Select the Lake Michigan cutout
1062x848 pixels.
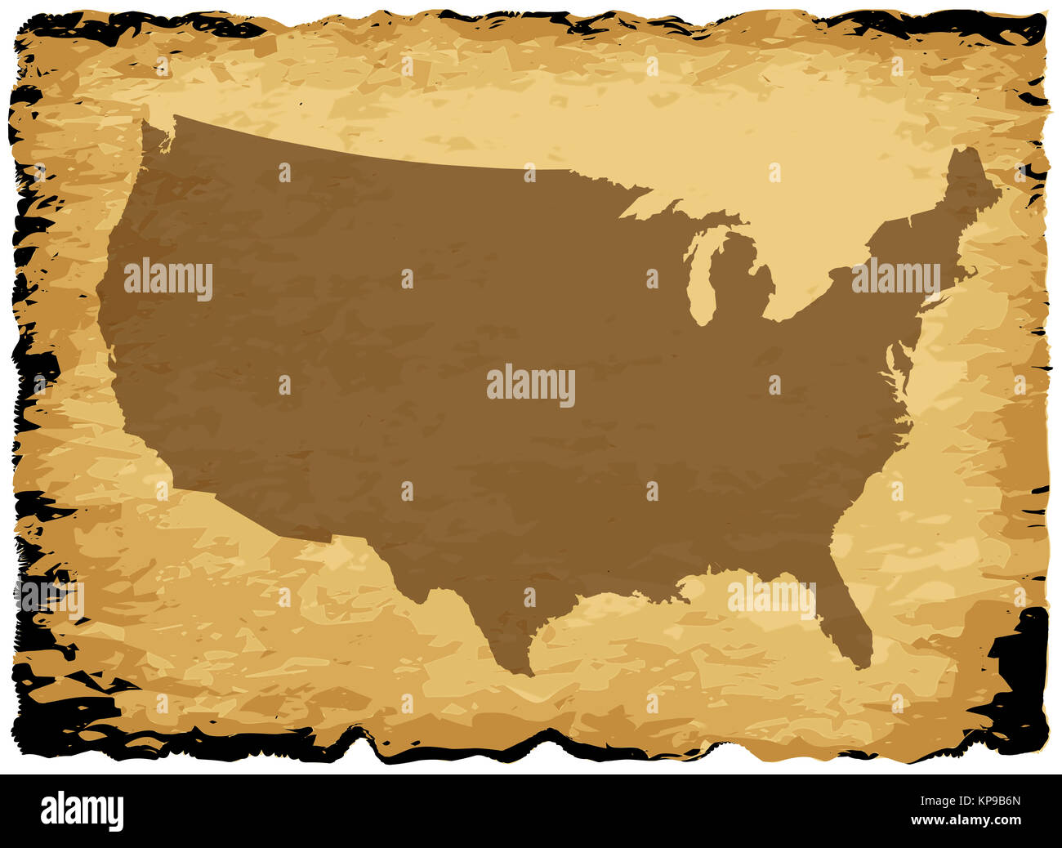coord(699,278)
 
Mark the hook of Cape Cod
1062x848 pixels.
coord(971,270)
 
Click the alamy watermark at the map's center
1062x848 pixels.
coord(531,386)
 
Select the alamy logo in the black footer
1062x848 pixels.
coord(83,810)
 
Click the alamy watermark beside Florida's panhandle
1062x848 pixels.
coord(771,598)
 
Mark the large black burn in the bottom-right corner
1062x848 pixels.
coord(1017,654)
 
